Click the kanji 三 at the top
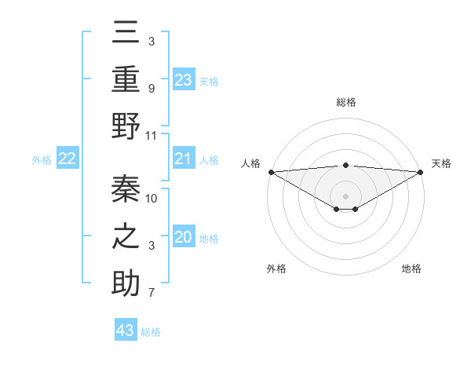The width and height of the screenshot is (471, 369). (x=126, y=34)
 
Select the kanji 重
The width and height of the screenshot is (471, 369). (x=126, y=79)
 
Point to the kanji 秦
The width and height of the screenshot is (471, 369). (x=126, y=188)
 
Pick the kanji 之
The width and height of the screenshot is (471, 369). (x=126, y=236)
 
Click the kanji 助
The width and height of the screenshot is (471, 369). (x=126, y=283)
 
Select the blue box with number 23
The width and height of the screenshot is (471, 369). (x=183, y=79)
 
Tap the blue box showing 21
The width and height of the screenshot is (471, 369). (x=183, y=159)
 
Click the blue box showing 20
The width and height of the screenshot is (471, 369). (x=183, y=238)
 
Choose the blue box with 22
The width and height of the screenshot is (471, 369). (x=67, y=159)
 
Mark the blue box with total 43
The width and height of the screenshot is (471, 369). (x=126, y=331)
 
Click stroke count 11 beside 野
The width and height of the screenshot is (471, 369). (x=152, y=135)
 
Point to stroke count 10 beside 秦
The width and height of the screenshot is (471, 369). (x=152, y=198)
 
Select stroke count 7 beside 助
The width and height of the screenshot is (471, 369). (x=152, y=294)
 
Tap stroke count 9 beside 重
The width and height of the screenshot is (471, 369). (x=152, y=88)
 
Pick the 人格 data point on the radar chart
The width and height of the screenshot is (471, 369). (x=271, y=172)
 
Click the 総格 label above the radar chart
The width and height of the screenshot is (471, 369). (x=346, y=102)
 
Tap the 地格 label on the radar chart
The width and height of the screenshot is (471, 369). (x=411, y=269)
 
